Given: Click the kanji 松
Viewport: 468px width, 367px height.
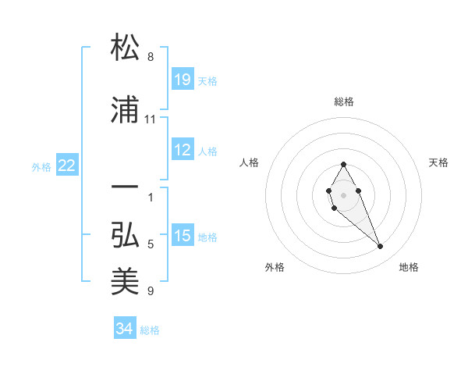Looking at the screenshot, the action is click(x=126, y=48).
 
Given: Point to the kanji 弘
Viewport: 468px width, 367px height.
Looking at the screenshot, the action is click(x=126, y=235).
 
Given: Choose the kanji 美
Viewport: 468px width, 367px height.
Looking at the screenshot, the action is click(x=126, y=282).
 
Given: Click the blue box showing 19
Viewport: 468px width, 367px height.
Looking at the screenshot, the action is click(x=182, y=80).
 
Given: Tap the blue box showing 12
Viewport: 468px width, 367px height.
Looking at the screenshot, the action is click(x=182, y=151).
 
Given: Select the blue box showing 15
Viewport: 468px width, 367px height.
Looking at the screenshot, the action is click(x=182, y=237).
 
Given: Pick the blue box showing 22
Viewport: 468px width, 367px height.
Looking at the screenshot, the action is click(x=67, y=166).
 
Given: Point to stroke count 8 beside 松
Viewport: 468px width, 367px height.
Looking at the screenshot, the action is click(x=151, y=57).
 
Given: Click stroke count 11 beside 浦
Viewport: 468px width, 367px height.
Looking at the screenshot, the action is click(x=151, y=119).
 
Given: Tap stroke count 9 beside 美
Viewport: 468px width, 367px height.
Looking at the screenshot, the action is click(x=151, y=291).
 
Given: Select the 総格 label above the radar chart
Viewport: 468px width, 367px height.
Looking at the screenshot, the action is click(x=344, y=102).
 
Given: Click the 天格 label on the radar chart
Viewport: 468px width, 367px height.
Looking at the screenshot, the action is click(x=439, y=162).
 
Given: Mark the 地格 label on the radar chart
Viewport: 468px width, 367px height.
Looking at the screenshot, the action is click(x=409, y=268).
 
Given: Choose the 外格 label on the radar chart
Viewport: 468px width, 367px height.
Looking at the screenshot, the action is click(x=275, y=268).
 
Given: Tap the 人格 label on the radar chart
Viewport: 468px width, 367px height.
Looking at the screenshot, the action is click(x=249, y=162).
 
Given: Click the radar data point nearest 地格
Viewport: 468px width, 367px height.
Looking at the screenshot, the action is click(x=380, y=247).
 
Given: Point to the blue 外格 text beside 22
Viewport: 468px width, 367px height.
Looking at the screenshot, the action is click(x=41, y=166).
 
